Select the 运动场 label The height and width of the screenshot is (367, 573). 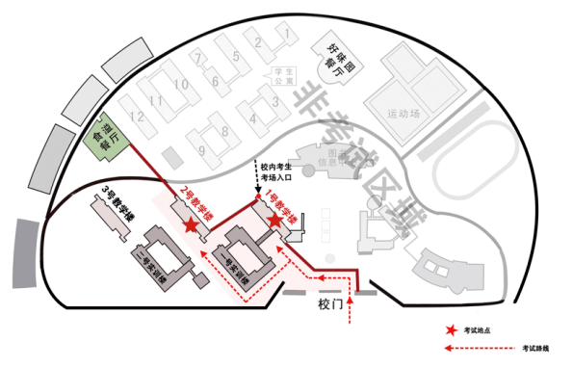pos(404,113)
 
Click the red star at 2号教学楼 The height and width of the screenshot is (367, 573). pos(192,223)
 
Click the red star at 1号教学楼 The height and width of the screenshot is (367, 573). pos(274,221)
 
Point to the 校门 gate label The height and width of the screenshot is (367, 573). pos(330,302)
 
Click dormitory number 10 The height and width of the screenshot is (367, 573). pos(180,85)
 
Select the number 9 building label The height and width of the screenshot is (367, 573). pos(201,149)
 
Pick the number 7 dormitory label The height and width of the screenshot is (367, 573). pos(198,57)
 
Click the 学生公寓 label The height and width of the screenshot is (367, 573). pos(286,76)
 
